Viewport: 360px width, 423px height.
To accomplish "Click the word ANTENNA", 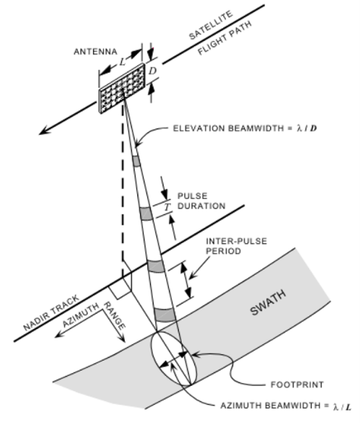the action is pos(95,52).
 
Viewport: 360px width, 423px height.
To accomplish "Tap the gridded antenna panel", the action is pos(122,88).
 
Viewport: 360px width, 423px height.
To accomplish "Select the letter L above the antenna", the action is pos(123,62).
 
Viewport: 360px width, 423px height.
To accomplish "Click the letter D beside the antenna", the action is pos(152,71).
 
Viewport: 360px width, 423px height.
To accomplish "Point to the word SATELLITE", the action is pos(211,25).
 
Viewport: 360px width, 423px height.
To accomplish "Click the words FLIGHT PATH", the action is pos(225,38).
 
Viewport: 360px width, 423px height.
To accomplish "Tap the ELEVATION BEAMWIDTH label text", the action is pos(245,128).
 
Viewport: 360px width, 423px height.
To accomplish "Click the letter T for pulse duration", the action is pos(168,207).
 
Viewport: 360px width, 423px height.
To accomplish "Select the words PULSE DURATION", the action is pos(201,201).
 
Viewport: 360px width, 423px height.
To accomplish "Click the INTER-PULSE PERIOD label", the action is pos(236,246).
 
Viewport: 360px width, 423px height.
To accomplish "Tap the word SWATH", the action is pos(268,302).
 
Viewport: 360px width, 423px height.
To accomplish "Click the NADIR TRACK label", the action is pos(51,313).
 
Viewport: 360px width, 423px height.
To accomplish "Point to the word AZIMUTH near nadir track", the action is pos(81,315).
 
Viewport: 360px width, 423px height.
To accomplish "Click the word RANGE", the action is pos(114,316).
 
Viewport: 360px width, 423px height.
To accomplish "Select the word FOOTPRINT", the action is pos(297,385).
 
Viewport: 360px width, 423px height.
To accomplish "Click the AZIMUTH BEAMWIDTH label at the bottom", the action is pos(286,406).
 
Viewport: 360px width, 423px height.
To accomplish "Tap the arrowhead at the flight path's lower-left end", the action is pos(44,131).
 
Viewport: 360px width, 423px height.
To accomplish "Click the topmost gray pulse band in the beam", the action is pos(137,161).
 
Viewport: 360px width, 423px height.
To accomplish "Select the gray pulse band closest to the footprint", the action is pos(165,315).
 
